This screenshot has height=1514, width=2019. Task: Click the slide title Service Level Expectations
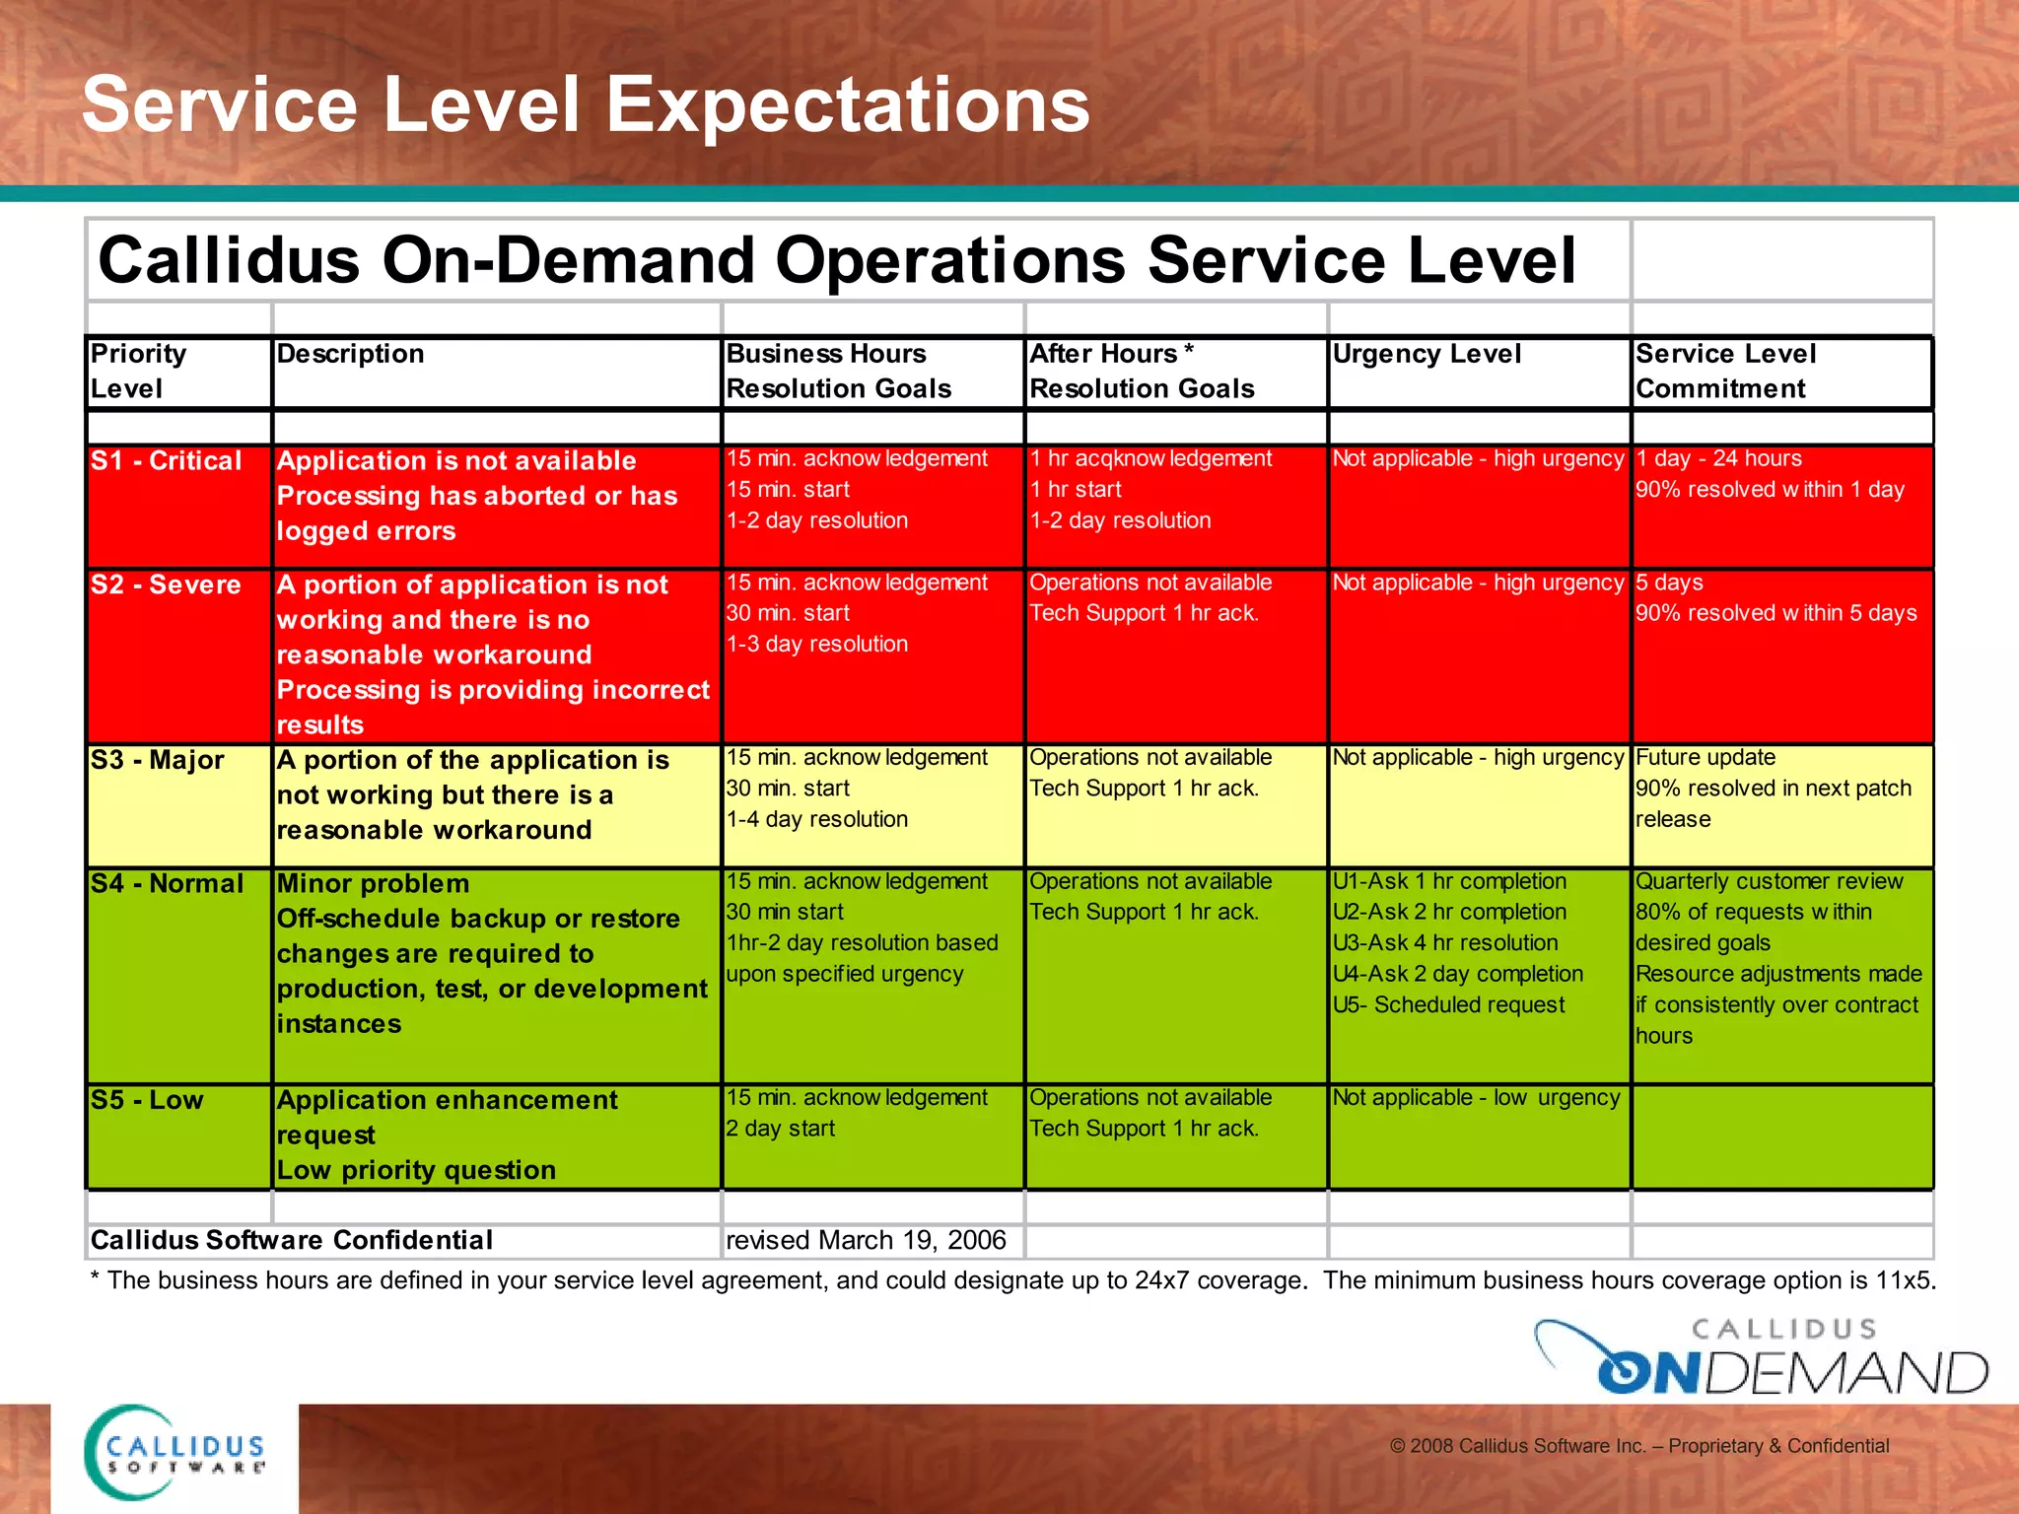[586, 104]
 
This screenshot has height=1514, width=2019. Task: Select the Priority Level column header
[138, 371]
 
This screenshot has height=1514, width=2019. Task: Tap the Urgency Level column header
[1427, 354]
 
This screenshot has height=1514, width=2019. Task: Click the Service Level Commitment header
[1725, 371]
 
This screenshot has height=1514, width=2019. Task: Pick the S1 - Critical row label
[166, 460]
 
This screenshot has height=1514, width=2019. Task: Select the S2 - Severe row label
[166, 585]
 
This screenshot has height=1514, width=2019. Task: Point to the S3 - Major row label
[158, 760]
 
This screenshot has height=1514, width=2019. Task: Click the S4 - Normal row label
[167, 883]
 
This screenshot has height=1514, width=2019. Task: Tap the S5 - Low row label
[147, 1100]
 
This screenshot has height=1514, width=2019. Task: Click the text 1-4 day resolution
[816, 819]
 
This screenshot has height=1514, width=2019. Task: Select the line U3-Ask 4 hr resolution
[1445, 943]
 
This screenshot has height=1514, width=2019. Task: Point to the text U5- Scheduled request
[1448, 1004]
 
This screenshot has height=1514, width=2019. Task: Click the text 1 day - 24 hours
[1718, 458]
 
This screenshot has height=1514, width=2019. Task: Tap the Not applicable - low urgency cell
[1476, 1098]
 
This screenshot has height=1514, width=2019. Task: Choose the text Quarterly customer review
[1769, 881]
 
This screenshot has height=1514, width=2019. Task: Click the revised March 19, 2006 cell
[866, 1240]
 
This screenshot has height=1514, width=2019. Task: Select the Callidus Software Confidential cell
[291, 1240]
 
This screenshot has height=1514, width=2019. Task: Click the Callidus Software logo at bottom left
[174, 1453]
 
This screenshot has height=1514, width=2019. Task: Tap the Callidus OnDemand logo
[1761, 1358]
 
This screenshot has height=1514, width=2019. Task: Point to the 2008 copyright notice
[1638, 1446]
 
